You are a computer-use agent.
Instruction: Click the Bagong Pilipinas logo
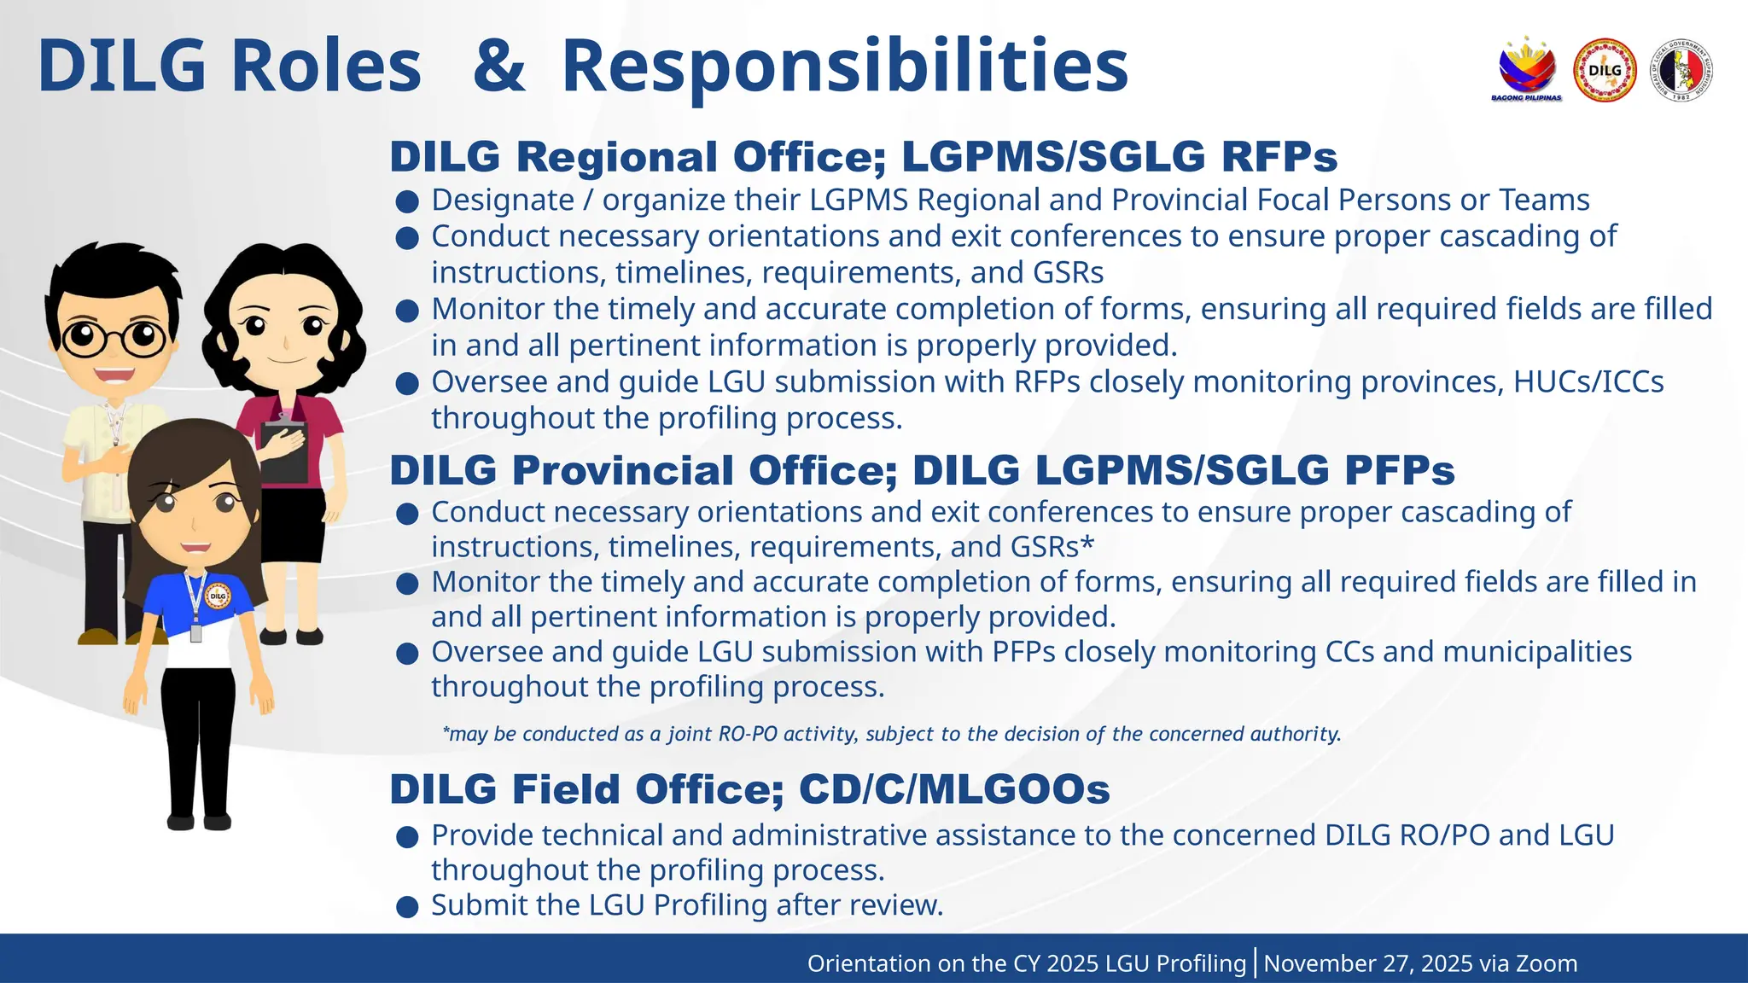coord(1527,70)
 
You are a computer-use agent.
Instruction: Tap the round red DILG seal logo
coord(1605,71)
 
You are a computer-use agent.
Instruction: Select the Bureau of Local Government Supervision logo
coord(1681,71)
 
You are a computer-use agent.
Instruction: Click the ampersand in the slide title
coord(498,67)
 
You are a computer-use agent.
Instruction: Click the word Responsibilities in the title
coord(845,67)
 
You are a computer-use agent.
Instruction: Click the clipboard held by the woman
coord(283,448)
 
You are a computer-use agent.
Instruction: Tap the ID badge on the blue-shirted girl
coord(196,632)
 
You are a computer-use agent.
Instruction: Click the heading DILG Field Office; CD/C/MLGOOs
coord(749,788)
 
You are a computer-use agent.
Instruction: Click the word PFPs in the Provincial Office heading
coord(1400,470)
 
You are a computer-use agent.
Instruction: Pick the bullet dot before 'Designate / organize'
coord(408,202)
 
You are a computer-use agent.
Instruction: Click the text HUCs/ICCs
coord(1588,381)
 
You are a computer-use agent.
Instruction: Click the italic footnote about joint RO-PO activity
coord(891,734)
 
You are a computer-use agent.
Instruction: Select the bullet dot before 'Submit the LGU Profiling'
coord(408,907)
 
